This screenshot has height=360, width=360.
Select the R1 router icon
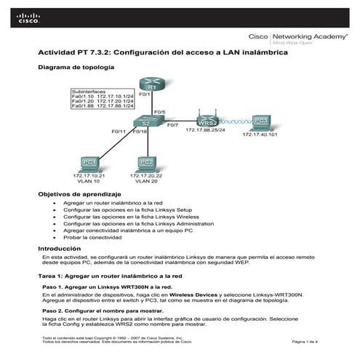pos(143,86)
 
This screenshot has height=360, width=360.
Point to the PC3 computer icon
pos(262,121)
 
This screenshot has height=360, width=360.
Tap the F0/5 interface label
pos(160,113)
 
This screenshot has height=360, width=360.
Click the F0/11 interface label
pos(119,132)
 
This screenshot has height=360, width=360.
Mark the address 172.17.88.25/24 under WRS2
pos(205,129)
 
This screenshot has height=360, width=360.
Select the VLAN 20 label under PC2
pos(145,181)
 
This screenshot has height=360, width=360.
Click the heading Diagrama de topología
pos(75,67)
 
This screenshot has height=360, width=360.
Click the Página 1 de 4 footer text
pos(306,341)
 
